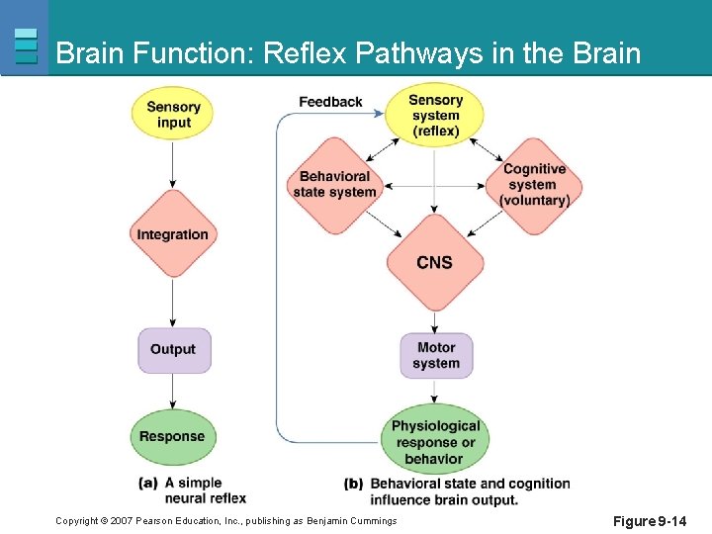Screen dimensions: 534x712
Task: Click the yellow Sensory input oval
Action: click(173, 115)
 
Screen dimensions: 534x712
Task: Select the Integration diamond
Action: click(173, 234)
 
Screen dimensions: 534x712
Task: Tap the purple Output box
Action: click(173, 349)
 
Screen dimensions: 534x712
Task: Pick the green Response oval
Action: click(172, 436)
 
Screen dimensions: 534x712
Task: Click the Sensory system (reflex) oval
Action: click(435, 115)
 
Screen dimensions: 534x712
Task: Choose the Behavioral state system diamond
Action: click(335, 184)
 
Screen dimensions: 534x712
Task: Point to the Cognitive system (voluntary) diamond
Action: click(534, 185)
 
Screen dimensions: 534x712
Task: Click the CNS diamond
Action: click(435, 262)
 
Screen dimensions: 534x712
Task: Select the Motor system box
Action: click(436, 355)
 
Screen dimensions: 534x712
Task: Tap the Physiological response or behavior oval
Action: click(435, 441)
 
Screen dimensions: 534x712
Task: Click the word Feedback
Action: click(330, 102)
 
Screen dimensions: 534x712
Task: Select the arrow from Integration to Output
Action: click(173, 302)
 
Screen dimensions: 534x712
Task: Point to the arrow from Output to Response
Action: click(173, 392)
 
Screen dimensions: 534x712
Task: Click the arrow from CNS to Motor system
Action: click(435, 321)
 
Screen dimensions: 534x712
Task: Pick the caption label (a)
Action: click(149, 483)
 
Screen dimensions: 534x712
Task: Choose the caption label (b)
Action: click(354, 484)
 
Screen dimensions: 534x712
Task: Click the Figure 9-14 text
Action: click(650, 521)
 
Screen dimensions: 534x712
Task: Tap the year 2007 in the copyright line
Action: click(123, 521)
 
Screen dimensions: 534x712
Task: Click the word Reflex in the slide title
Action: click(303, 52)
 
